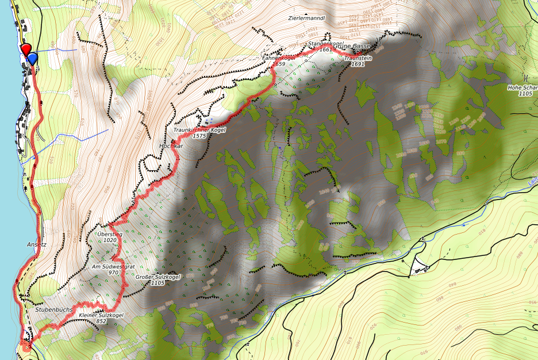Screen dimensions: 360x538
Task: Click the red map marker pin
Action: [x=26, y=49]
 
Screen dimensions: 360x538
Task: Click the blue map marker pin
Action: [x=32, y=58]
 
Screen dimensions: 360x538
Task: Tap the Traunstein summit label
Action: [x=357, y=58]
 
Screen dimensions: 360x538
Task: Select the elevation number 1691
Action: [x=358, y=64]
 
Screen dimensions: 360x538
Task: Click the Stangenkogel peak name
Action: [x=325, y=44]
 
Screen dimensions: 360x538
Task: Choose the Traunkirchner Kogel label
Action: [x=199, y=130]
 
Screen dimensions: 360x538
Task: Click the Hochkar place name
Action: [x=171, y=146]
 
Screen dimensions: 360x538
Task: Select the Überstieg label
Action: [x=110, y=234]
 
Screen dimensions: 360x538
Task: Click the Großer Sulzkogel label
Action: [x=159, y=277]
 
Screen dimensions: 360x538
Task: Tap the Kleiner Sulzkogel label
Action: [x=101, y=315]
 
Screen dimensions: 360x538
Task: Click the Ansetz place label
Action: [x=36, y=244]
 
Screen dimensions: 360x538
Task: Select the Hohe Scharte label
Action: [x=522, y=87]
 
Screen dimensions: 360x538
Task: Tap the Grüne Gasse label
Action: [x=352, y=46]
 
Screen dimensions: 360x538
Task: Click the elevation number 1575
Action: [x=199, y=136]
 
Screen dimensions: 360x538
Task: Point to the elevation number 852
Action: [x=101, y=321]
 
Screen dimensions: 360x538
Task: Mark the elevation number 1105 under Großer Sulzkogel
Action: [x=159, y=283]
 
